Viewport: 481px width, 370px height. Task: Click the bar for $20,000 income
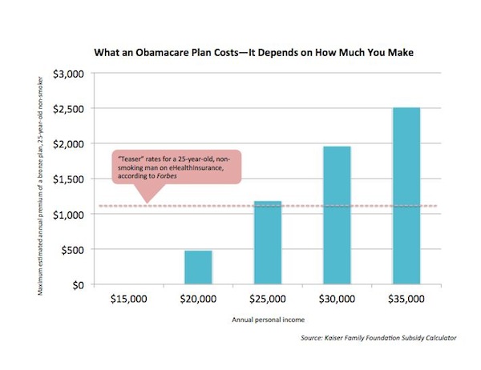coord(198,267)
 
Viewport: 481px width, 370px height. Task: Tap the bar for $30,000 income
coord(337,215)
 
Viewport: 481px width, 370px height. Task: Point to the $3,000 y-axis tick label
coord(68,74)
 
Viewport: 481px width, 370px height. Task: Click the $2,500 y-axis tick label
coord(68,109)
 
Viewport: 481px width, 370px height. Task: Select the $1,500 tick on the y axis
coord(68,179)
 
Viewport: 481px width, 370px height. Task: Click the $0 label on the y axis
coord(78,285)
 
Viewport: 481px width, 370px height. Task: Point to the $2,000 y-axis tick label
coord(68,144)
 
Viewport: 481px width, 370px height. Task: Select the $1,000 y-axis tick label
coord(68,215)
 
